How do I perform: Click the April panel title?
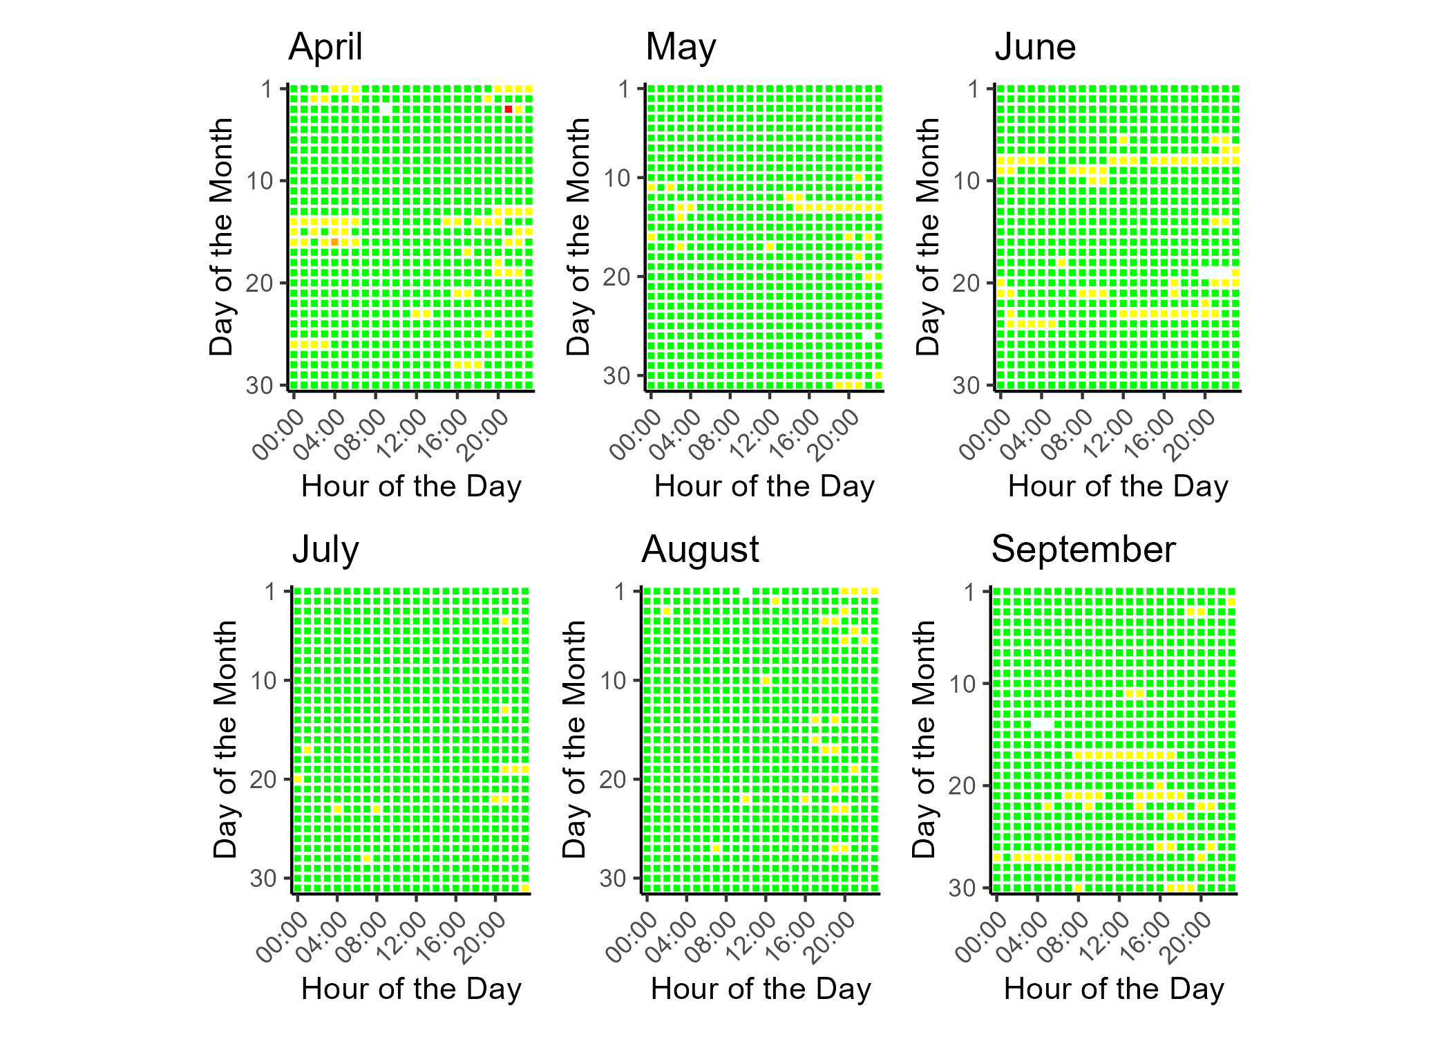tap(325, 48)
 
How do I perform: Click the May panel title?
tap(681, 48)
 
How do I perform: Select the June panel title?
tap(1035, 48)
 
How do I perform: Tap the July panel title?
tap(325, 550)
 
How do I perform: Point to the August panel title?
tap(700, 550)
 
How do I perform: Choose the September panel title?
tap(1083, 550)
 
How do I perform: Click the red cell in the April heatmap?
tap(509, 109)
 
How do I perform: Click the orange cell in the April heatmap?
tap(334, 242)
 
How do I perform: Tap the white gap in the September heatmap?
tap(1043, 724)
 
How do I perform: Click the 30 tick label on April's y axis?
tap(260, 385)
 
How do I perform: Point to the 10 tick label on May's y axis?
tap(617, 178)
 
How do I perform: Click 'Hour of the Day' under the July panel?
tap(411, 989)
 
